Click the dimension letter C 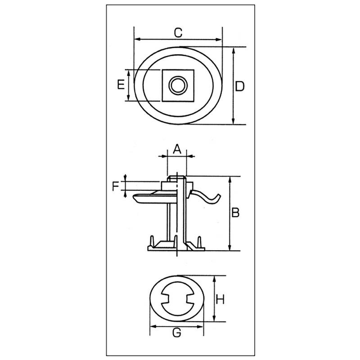pyautogui.click(x=178, y=32)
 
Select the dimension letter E pyautogui.click(x=120, y=85)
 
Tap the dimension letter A pyautogui.click(x=177, y=148)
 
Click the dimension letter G pyautogui.click(x=177, y=333)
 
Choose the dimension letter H pyautogui.click(x=220, y=299)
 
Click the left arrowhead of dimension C pyautogui.click(x=136, y=40)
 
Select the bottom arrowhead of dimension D pyautogui.click(x=234, y=122)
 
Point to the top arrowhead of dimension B pyautogui.click(x=230, y=179)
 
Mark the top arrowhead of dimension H pyautogui.click(x=214, y=278)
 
